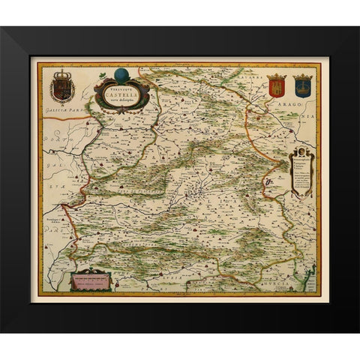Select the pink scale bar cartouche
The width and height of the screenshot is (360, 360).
click(x=91, y=282)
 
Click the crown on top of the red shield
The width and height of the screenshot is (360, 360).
click(x=277, y=76)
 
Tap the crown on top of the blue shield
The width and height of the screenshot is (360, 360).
click(x=302, y=76)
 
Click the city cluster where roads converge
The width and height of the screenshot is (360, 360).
click(x=196, y=197)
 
